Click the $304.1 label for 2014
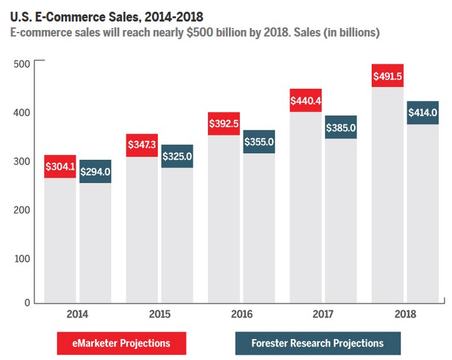pyautogui.click(x=61, y=166)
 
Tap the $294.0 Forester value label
pyautogui.click(x=95, y=172)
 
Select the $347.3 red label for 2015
pyautogui.click(x=142, y=145)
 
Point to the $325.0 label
pyautogui.click(x=177, y=157)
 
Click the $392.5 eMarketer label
pyautogui.click(x=224, y=123)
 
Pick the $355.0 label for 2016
pyautogui.click(x=259, y=142)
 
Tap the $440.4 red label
pyautogui.click(x=306, y=100)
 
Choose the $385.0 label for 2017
pyautogui.click(x=340, y=127)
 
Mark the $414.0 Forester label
pyautogui.click(x=423, y=113)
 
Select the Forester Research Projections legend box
pyautogui.click(x=318, y=342)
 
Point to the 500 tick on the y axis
pyautogui.click(x=22, y=64)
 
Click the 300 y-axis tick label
pyautogui.click(x=22, y=161)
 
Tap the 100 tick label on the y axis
pyautogui.click(x=22, y=258)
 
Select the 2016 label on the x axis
pyautogui.click(x=242, y=314)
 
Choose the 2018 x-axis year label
pyautogui.click(x=405, y=314)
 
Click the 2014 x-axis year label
pyautogui.click(x=78, y=314)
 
